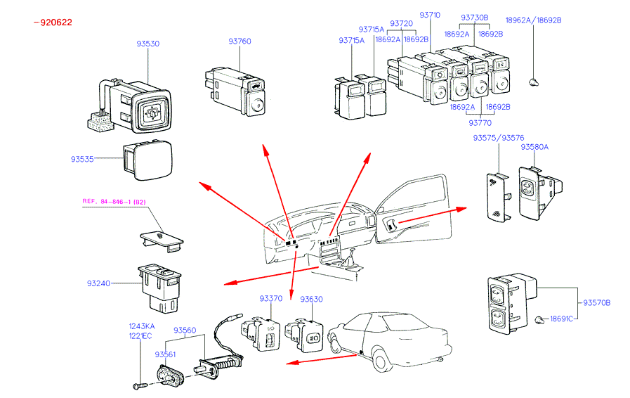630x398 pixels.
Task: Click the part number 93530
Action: click(147, 44)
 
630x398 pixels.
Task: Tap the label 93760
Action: click(239, 41)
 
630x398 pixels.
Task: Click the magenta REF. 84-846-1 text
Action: click(115, 202)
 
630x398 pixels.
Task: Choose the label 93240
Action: click(99, 283)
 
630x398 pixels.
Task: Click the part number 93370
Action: click(270, 299)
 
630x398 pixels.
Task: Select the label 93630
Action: click(311, 299)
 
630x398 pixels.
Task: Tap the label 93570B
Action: click(596, 303)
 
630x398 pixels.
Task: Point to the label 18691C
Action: click(560, 319)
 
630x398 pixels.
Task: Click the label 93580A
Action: click(534, 147)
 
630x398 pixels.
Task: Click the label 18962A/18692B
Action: click(534, 20)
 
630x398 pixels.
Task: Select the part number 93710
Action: click(430, 15)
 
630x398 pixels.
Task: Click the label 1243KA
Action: click(141, 326)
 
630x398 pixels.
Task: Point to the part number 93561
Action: click(166, 354)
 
